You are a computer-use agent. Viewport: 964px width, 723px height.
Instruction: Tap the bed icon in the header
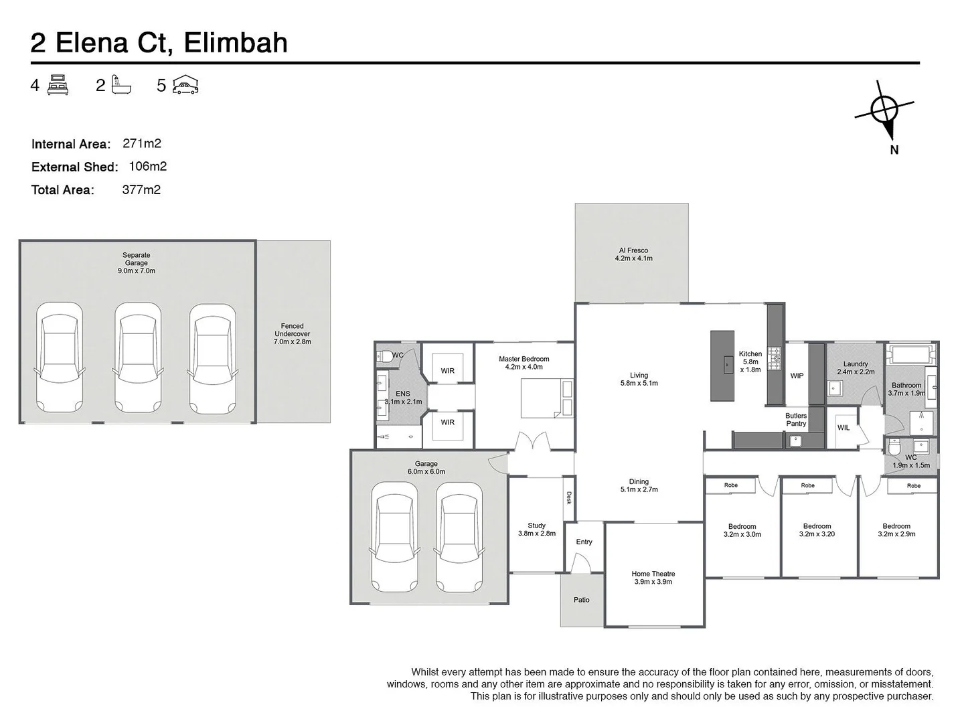coord(58,85)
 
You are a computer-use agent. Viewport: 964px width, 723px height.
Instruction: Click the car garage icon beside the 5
coord(185,85)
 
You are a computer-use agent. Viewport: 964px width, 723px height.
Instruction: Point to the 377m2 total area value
coord(141,189)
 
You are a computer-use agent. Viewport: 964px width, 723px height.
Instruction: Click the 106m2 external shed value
coord(147,166)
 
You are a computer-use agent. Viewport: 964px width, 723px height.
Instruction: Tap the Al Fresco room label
coord(633,254)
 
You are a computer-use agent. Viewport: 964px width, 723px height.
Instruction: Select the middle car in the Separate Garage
coord(138,357)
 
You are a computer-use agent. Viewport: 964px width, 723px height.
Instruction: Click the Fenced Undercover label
coord(293,333)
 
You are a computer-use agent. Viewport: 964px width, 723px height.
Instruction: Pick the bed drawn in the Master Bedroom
coord(547,398)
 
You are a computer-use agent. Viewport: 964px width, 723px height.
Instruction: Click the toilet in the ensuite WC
coord(384,355)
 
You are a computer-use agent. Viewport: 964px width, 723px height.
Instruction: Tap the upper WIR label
coord(447,370)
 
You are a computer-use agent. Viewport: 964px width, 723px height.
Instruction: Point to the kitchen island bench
coord(722,365)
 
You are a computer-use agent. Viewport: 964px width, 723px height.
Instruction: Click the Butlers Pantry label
coord(796,419)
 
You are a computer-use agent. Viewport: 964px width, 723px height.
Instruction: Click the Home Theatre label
coord(653,577)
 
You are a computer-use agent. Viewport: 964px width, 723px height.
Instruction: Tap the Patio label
coord(581,600)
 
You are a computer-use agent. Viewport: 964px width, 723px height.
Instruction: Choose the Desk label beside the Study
coord(569,497)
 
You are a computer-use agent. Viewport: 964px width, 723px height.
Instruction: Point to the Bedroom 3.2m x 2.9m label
coord(896,530)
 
